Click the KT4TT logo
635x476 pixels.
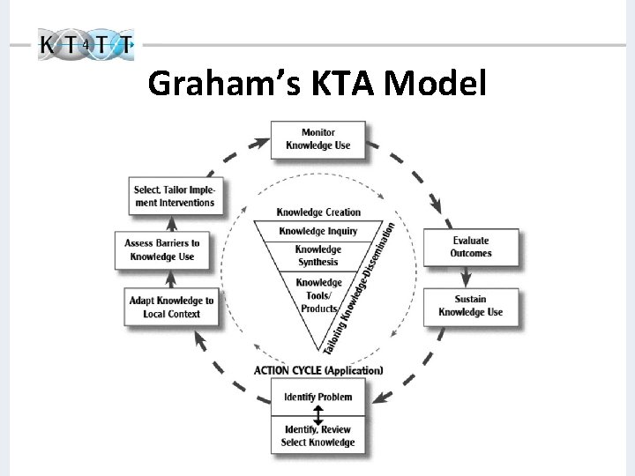(86, 44)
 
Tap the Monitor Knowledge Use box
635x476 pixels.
(317, 139)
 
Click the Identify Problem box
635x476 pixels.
(317, 398)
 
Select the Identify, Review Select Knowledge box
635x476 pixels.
(317, 435)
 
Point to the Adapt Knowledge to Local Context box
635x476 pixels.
(171, 307)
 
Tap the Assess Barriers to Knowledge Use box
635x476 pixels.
(164, 250)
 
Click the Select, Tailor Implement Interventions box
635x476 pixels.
(174, 196)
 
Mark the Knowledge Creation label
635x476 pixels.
(318, 212)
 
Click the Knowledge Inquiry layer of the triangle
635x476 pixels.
(318, 231)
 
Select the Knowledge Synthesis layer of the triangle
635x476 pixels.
(318, 256)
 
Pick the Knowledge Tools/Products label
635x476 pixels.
(318, 295)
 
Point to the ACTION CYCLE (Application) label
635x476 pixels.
(318, 371)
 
